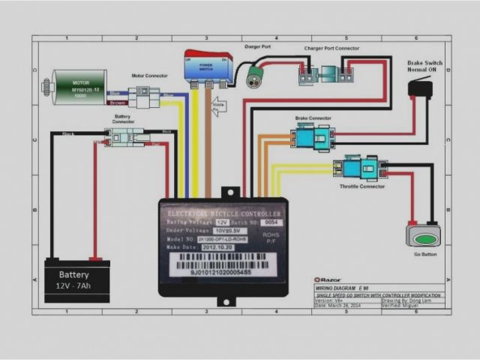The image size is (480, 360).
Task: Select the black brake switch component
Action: coord(421,88)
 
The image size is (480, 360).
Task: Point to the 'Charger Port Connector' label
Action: coord(331,48)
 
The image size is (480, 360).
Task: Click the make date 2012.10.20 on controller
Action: coord(215,247)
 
